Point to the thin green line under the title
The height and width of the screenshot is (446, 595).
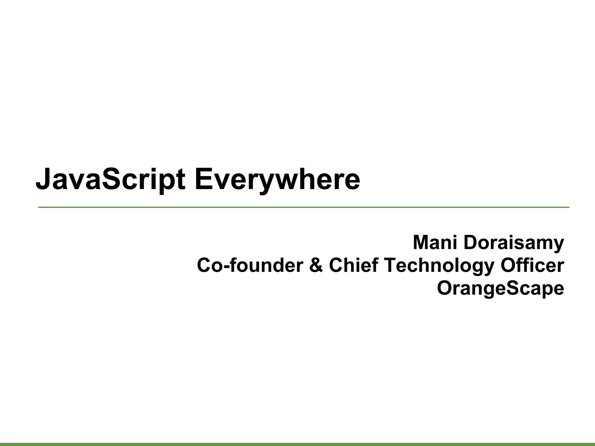(304, 207)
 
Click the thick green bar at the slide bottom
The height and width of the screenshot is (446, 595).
(297, 444)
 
